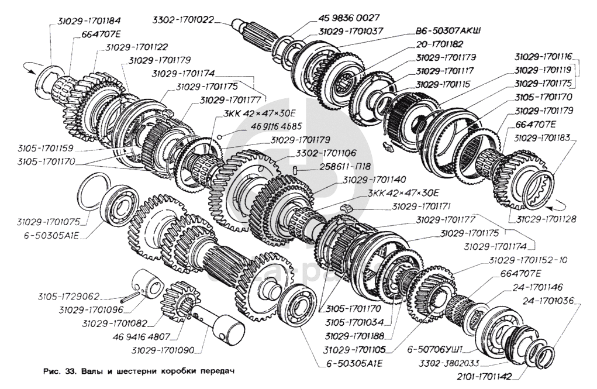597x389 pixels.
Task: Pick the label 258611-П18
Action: (x=330, y=167)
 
